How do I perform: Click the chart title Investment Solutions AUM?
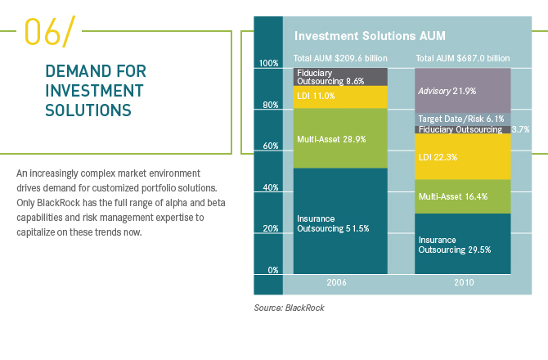tap(357, 36)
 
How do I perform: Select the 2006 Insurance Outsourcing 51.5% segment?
tap(340, 221)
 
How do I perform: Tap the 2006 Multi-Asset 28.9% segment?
tap(340, 139)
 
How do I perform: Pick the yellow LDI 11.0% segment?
tap(340, 97)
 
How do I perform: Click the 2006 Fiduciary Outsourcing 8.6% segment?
tap(340, 77)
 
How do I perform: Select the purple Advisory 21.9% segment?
tap(463, 90)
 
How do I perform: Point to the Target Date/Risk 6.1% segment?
tap(463, 119)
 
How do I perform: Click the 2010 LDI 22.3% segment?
tap(463, 156)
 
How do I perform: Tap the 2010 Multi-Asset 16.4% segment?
tap(463, 196)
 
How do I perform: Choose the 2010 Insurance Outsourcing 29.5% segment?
tap(463, 243)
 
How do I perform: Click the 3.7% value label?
tap(521, 129)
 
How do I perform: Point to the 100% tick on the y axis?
tap(268, 63)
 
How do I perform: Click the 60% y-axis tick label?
tap(268, 146)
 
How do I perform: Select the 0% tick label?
tap(272, 269)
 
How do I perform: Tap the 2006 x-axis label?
tap(340, 284)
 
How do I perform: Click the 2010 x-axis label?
tap(463, 284)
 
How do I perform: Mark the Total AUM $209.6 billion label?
tap(340, 59)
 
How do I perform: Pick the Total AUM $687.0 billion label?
tap(463, 59)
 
